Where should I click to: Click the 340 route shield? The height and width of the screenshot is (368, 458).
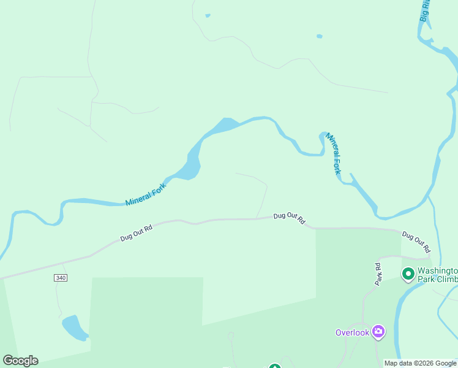point(60,278)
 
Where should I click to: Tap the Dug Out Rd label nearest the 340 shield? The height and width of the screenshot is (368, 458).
point(136,232)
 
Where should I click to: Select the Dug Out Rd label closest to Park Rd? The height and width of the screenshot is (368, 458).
point(416,242)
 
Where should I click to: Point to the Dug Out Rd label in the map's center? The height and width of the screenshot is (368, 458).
point(289,218)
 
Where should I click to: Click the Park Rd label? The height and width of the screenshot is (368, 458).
point(378,274)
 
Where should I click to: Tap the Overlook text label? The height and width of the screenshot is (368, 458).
point(352,332)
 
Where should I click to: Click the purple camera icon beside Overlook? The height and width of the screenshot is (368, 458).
point(378,332)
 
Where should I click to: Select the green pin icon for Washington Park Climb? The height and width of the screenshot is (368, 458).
point(408,274)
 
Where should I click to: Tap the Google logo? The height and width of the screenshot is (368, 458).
point(21,361)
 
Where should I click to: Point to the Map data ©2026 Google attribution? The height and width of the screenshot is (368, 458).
point(421,363)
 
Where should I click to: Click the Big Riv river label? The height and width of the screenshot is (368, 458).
point(426,11)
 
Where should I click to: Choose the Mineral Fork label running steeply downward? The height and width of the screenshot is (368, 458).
point(332,153)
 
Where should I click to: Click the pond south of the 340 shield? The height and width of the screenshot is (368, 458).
point(75,328)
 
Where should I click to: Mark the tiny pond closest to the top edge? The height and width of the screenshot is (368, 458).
point(208,15)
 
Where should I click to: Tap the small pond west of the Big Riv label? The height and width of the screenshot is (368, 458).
point(319,36)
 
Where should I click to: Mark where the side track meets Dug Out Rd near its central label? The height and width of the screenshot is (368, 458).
point(256,218)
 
